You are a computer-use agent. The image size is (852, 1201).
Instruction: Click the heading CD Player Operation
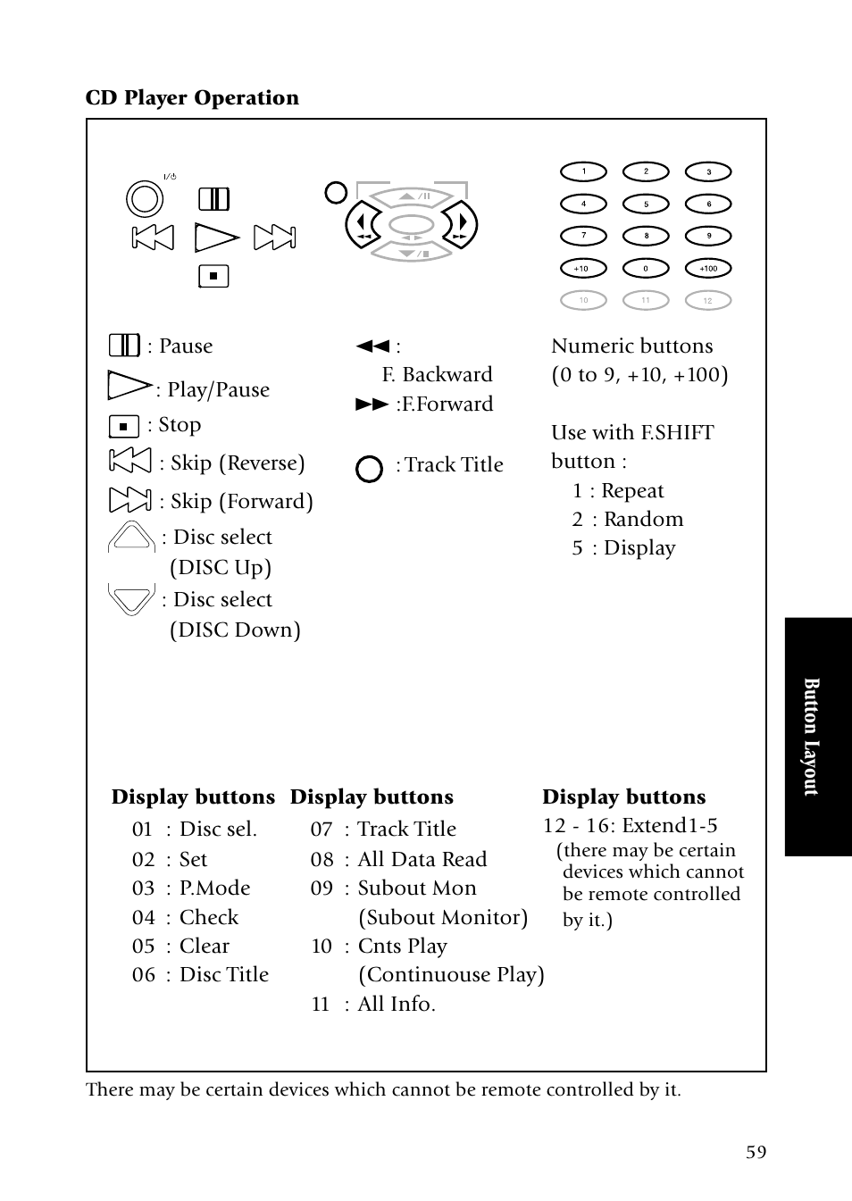(x=192, y=97)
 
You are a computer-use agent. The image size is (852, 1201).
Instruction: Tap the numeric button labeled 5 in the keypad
(x=646, y=204)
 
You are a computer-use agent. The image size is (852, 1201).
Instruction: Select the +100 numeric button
(x=708, y=269)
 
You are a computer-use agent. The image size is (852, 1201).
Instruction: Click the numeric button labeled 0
(x=646, y=269)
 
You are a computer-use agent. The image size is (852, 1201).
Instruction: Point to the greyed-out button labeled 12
(x=708, y=301)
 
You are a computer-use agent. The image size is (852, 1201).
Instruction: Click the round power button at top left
(x=145, y=198)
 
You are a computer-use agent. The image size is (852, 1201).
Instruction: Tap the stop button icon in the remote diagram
(x=213, y=276)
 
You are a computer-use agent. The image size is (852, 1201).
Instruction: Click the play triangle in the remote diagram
(x=215, y=238)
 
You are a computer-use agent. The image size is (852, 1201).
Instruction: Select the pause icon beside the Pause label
(x=124, y=346)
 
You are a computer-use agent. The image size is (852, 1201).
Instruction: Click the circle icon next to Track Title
(x=369, y=469)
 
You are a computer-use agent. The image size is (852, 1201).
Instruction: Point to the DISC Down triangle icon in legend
(x=131, y=598)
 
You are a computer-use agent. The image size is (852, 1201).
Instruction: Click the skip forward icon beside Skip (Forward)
(x=129, y=500)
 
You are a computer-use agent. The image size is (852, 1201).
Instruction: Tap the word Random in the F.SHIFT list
(x=643, y=520)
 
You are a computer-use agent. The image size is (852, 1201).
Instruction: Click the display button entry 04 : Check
(x=185, y=917)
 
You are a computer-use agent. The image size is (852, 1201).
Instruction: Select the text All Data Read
(x=422, y=859)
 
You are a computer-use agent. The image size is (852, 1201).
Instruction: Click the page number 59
(x=756, y=1152)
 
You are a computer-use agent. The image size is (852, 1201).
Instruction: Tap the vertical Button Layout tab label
(x=811, y=737)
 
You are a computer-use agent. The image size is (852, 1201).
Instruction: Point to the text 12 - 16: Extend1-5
(x=631, y=825)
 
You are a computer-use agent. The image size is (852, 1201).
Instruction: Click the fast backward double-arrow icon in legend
(x=372, y=346)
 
